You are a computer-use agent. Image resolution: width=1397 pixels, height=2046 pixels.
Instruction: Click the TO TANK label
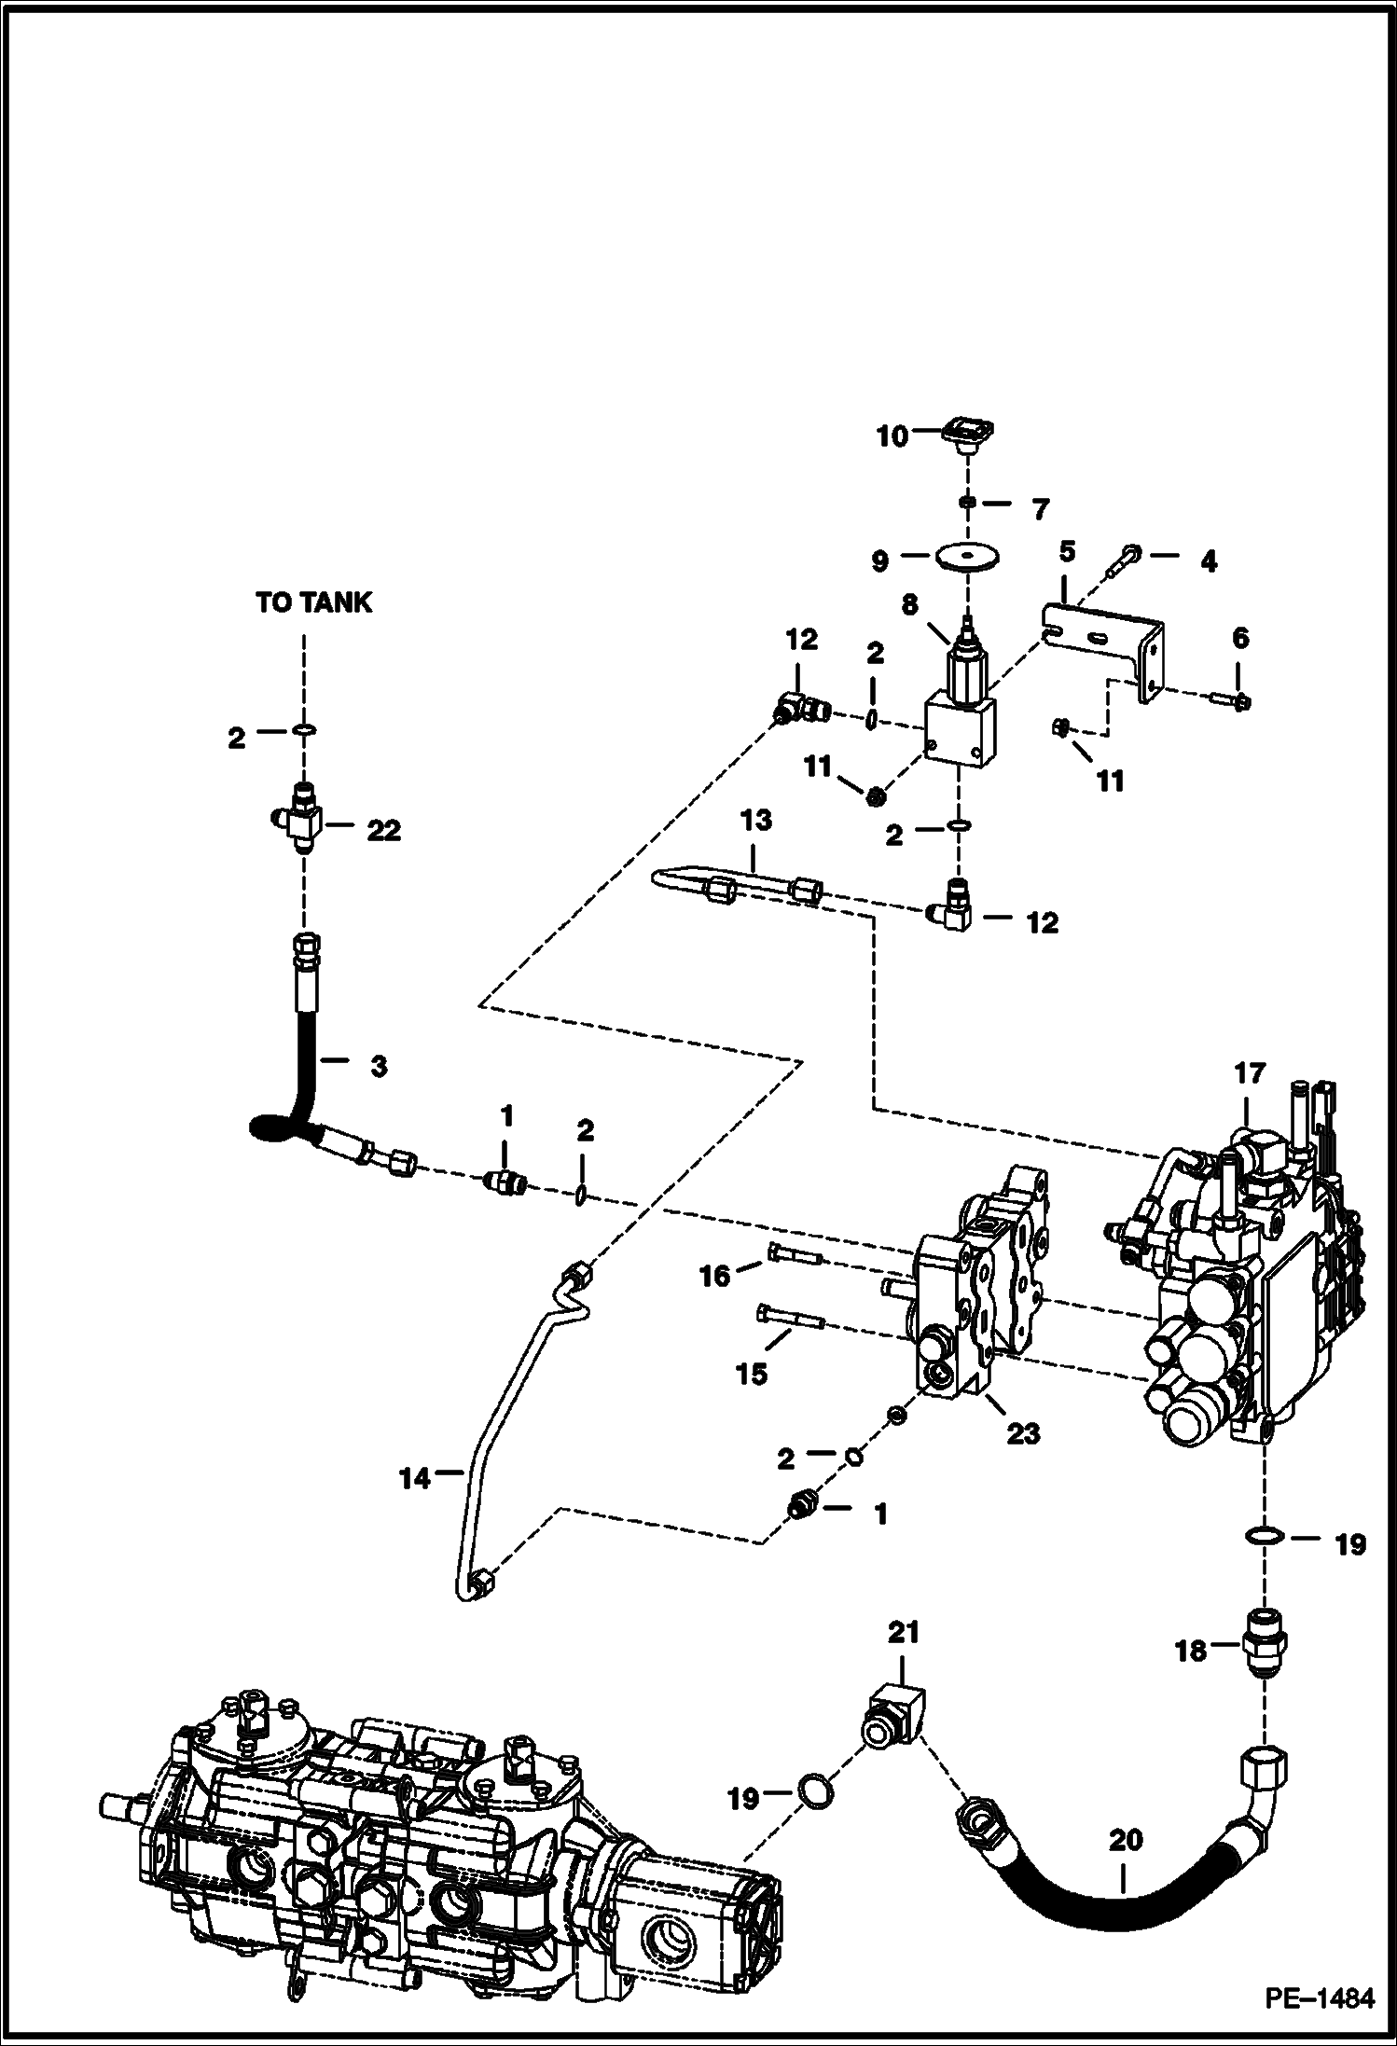[x=313, y=603]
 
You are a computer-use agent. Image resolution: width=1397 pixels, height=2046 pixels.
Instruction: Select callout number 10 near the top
[x=892, y=436]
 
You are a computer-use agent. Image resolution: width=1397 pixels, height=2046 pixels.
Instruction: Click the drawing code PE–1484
[x=1319, y=1999]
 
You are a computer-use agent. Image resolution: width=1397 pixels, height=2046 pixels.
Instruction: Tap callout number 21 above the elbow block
[x=903, y=1632]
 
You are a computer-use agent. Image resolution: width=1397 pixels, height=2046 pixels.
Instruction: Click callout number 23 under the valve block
[x=1022, y=1432]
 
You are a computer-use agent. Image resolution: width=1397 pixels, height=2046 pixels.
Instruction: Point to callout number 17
[x=1249, y=1073]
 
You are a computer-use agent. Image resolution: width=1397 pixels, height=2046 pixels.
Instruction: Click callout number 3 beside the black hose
[x=378, y=1066]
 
